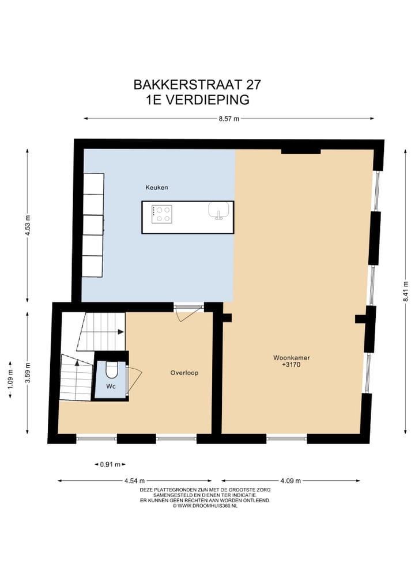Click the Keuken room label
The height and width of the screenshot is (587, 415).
tap(156, 188)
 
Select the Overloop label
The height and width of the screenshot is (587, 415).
tap(184, 373)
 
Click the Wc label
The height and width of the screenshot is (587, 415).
tap(111, 387)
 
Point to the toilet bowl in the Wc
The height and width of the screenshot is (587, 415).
tap(112, 369)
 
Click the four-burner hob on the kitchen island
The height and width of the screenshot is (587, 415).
tap(161, 214)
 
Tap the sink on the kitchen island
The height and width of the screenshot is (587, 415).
tap(218, 211)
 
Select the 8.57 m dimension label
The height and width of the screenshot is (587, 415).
tap(228, 119)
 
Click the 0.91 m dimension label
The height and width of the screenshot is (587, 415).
tap(110, 464)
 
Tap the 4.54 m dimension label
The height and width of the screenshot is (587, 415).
tap(134, 481)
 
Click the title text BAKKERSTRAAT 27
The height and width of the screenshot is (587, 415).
tap(197, 85)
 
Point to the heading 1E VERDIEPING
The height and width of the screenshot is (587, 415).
tap(197, 100)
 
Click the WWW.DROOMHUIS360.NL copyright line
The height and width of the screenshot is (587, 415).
tap(205, 506)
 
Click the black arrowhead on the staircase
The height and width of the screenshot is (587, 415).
tap(120, 332)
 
